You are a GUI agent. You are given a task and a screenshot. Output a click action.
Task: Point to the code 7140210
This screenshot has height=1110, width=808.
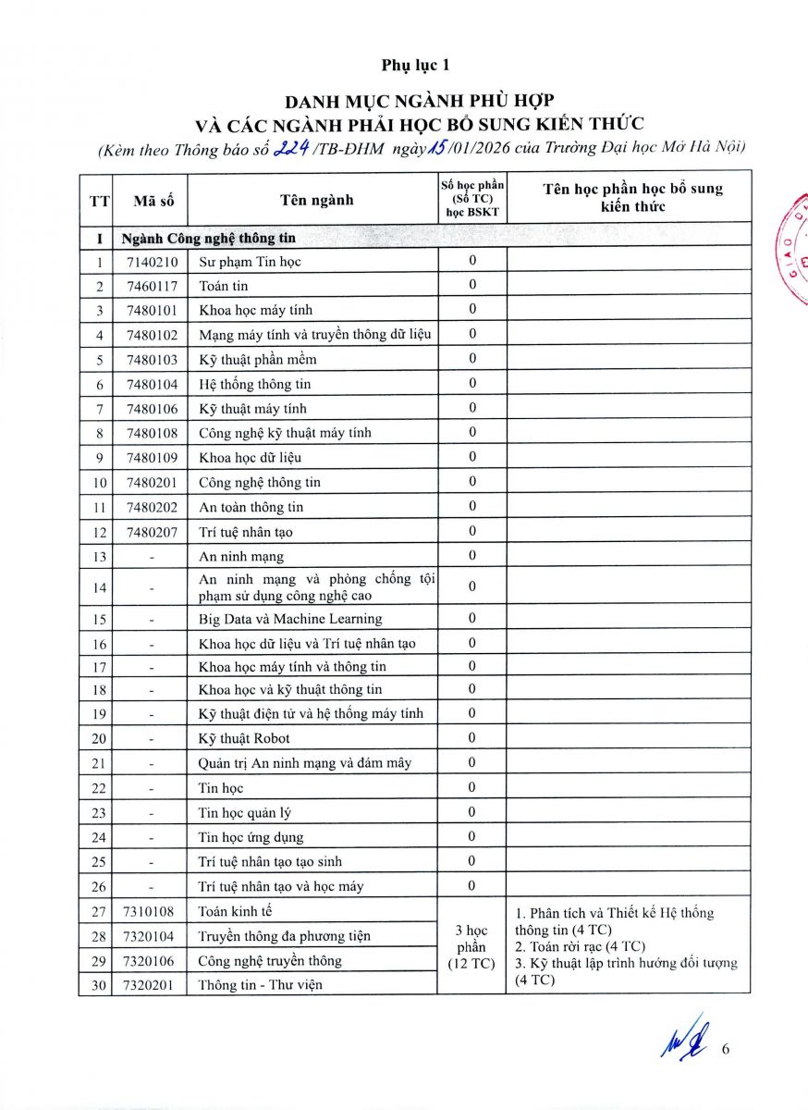153,262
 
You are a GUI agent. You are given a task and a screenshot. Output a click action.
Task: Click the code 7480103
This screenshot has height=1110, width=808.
153,360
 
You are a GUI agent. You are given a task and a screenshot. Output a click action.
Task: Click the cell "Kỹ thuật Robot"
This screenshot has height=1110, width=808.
244,738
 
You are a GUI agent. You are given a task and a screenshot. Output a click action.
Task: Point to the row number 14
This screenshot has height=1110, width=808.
99,587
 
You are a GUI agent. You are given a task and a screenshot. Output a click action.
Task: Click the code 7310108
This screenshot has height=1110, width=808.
153,911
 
